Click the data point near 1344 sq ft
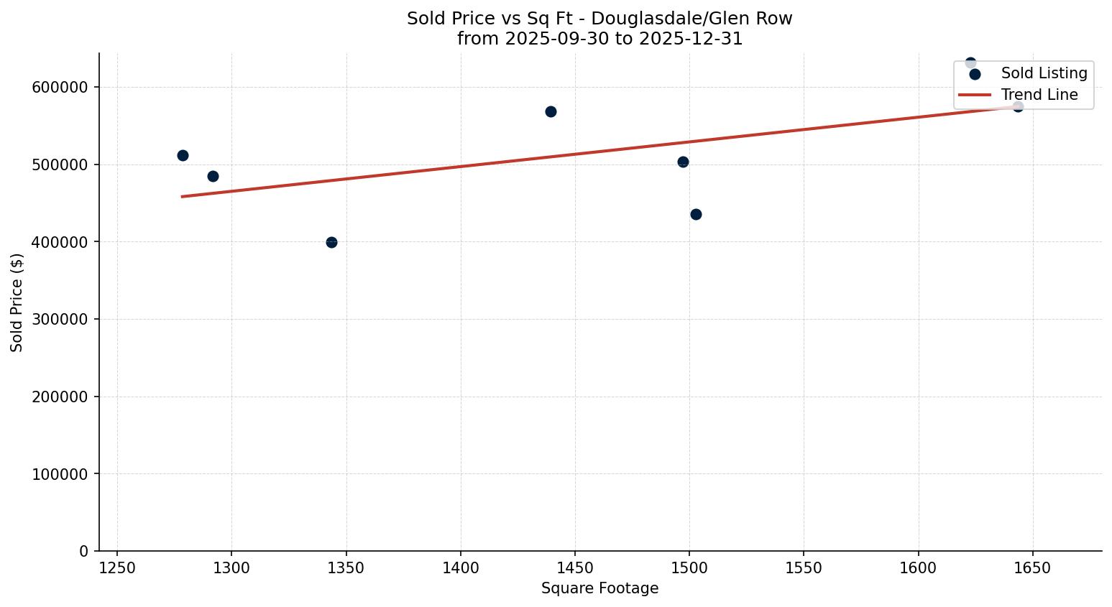tap(331, 242)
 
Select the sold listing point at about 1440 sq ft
tap(551, 111)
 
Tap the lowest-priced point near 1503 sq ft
tap(696, 214)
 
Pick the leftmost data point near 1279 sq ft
tap(183, 155)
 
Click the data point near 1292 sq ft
tap(213, 176)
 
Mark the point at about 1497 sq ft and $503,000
tap(683, 162)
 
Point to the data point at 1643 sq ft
tap(1018, 106)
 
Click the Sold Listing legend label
tap(1044, 73)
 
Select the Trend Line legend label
tap(1039, 95)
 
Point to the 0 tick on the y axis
tap(84, 551)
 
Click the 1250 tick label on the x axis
tap(117, 568)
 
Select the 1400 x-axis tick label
tap(461, 568)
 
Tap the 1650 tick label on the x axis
tap(1033, 568)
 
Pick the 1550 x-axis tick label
tap(804, 568)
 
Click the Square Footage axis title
tap(599, 589)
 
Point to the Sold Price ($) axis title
tap(17, 302)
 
